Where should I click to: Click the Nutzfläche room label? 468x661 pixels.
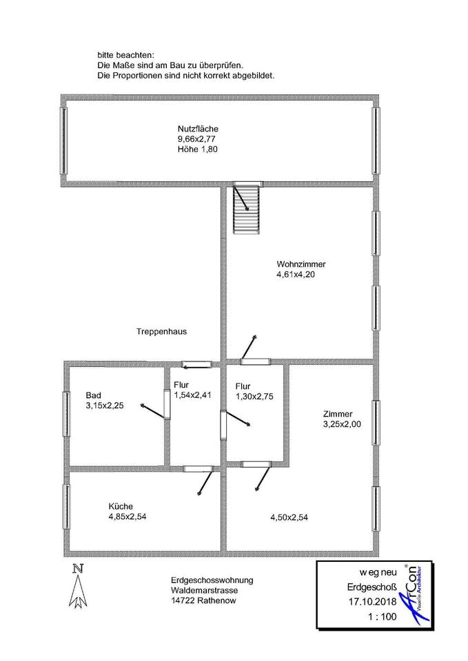point(197,129)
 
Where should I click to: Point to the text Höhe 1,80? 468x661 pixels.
point(197,149)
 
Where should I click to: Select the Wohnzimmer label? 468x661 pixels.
point(301,264)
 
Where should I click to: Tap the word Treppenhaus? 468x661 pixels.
point(162,331)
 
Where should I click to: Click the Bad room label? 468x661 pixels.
point(93,395)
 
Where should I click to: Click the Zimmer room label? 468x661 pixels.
point(338,414)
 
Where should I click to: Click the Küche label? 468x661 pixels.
point(120,505)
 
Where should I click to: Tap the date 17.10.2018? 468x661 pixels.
point(372,602)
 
